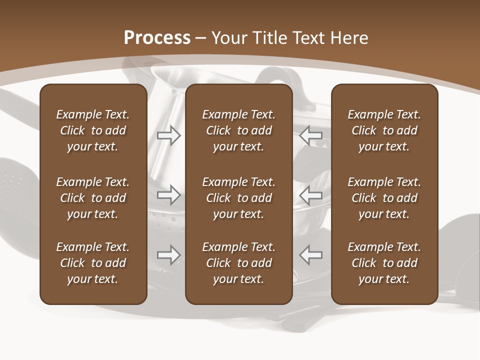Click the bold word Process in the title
pyautogui.click(x=157, y=38)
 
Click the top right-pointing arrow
pyautogui.click(x=169, y=135)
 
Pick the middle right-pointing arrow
pyautogui.click(x=169, y=194)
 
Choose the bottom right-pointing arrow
pyautogui.click(x=169, y=254)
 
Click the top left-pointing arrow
pyautogui.click(x=311, y=135)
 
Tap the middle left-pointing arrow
pyautogui.click(x=311, y=194)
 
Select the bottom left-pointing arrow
pyautogui.click(x=311, y=254)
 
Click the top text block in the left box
pyautogui.click(x=93, y=130)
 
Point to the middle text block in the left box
pyautogui.click(x=93, y=198)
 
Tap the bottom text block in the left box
pyautogui.click(x=93, y=263)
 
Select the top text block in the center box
pyautogui.click(x=238, y=130)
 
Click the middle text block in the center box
pyautogui.click(x=238, y=198)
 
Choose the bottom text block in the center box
pyautogui.click(x=238, y=263)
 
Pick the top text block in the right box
pyautogui.click(x=384, y=130)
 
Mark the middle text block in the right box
pyautogui.click(x=384, y=198)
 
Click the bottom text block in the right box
pyautogui.click(x=384, y=263)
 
